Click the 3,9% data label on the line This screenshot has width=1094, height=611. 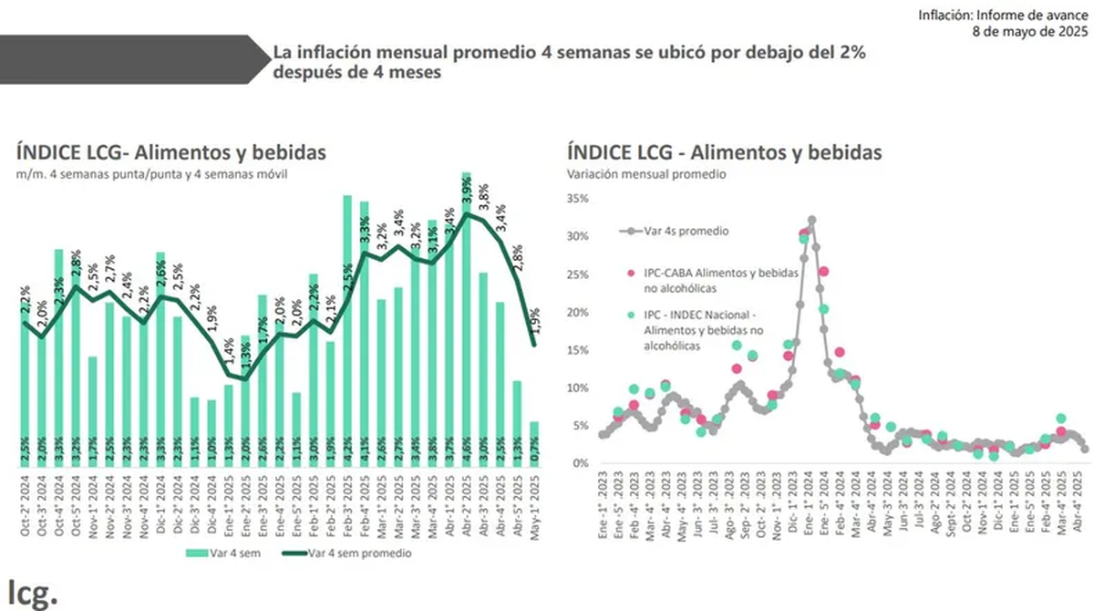pyautogui.click(x=467, y=194)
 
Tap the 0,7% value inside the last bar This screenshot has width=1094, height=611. pyautogui.click(x=534, y=450)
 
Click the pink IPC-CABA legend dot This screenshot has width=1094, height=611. pyautogui.click(x=630, y=272)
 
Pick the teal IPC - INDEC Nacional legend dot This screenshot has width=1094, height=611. pyautogui.click(x=630, y=315)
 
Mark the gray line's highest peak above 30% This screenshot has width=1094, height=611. pyautogui.click(x=811, y=220)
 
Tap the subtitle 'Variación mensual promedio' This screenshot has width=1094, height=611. pyautogui.click(x=645, y=173)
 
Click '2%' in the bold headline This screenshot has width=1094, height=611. pyautogui.click(x=849, y=55)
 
